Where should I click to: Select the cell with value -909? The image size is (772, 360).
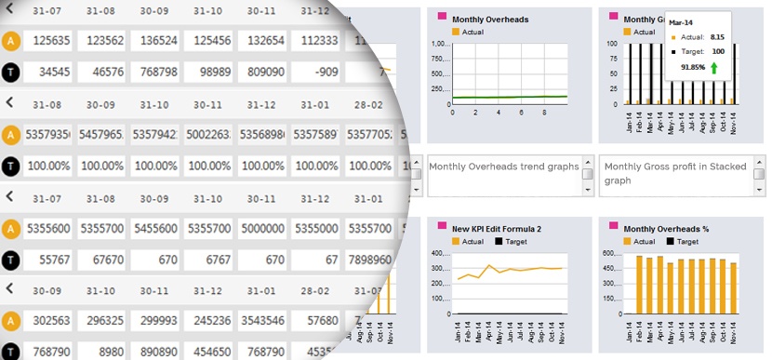tap(315, 71)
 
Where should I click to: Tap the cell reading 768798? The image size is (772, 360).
tap(153, 71)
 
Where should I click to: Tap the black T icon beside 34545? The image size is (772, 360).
tap(10, 71)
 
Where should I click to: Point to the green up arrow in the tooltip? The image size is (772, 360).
tap(712, 68)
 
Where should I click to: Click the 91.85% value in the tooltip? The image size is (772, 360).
tap(691, 68)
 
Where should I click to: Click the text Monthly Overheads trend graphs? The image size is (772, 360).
tap(503, 167)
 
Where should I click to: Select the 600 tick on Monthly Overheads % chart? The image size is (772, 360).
tap(613, 254)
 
